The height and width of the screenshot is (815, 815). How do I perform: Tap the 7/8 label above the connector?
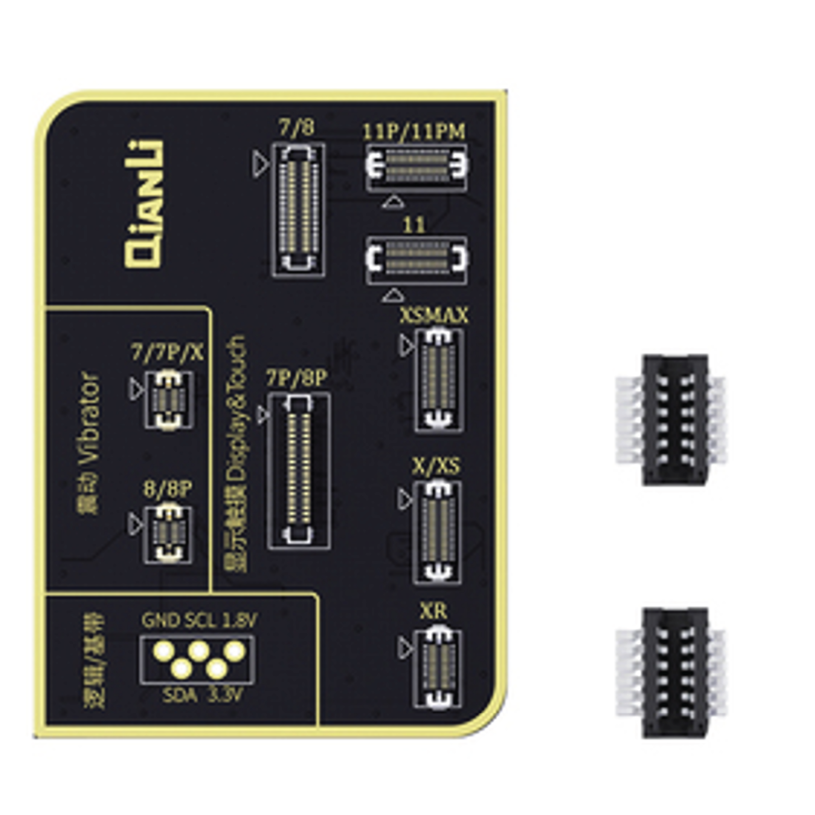tap(297, 128)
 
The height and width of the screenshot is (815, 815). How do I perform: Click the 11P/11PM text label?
tap(414, 132)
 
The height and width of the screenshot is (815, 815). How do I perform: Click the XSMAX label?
tap(433, 316)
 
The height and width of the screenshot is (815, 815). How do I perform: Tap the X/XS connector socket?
tap(437, 532)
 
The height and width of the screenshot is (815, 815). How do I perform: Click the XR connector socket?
tap(437, 669)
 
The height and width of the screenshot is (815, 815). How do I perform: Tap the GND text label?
tap(160, 621)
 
